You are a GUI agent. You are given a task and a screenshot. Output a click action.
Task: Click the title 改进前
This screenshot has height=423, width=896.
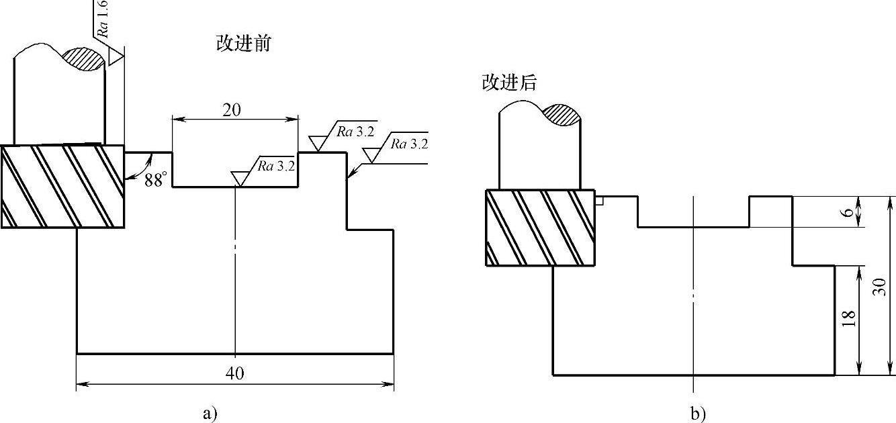click(243, 44)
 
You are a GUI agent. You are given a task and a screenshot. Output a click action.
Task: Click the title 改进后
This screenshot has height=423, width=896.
click(509, 83)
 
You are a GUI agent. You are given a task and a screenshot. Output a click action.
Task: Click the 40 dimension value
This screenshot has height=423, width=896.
click(235, 374)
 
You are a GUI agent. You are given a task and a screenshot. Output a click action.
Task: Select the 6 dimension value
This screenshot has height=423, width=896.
click(848, 212)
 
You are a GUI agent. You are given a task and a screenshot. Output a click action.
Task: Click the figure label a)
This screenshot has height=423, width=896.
click(210, 412)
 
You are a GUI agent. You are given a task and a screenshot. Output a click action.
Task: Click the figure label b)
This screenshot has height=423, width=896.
click(699, 414)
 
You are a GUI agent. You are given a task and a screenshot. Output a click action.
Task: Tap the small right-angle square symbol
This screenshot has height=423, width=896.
click(600, 201)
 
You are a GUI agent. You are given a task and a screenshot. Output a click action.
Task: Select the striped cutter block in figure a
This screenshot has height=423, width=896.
click(62, 187)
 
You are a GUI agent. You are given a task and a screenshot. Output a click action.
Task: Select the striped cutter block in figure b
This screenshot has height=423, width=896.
click(540, 228)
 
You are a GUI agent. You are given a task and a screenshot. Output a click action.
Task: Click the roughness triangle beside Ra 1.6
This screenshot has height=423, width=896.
click(116, 58)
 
